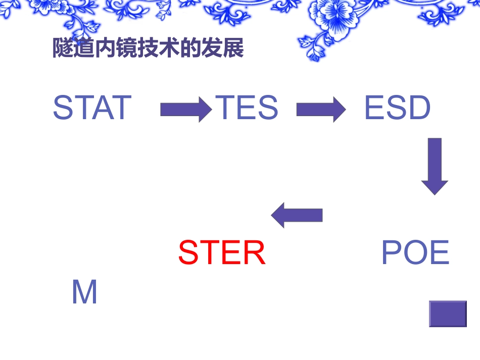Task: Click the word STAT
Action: pyautogui.click(x=92, y=108)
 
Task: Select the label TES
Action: pyautogui.click(x=247, y=108)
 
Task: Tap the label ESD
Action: pyautogui.click(x=398, y=108)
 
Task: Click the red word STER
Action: pyautogui.click(x=222, y=253)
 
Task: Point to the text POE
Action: pyautogui.click(x=415, y=253)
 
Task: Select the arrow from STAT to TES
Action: pyautogui.click(x=185, y=109)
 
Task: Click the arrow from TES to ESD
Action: pyautogui.click(x=321, y=109)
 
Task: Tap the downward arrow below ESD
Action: pyautogui.click(x=435, y=166)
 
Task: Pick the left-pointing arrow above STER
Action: pyautogui.click(x=297, y=215)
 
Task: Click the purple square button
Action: pyautogui.click(x=448, y=314)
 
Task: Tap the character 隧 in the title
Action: pyautogui.click(x=63, y=49)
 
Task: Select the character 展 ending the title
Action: pyautogui.click(x=234, y=49)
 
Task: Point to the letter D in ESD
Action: pyautogui.click(x=420, y=108)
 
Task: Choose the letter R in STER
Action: pyautogui.click(x=254, y=253)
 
